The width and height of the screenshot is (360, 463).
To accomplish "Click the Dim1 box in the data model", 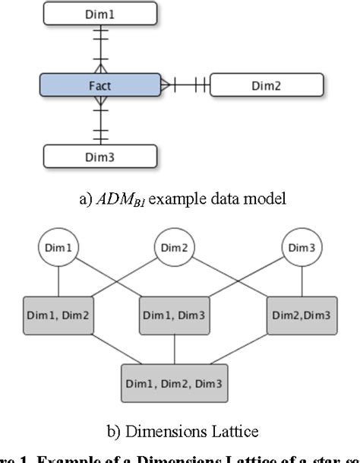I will [99, 13].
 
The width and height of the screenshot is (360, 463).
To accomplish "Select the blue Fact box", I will [99, 85].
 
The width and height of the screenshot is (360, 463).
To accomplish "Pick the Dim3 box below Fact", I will [99, 157].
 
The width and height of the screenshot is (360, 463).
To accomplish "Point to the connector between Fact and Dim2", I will [185, 85].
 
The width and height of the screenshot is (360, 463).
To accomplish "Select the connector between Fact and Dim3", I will [100, 121].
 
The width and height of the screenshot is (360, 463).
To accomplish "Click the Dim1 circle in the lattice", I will [58, 248].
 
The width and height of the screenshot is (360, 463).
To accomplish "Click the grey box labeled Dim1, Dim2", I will [58, 316].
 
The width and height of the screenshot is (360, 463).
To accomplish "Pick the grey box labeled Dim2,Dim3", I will [302, 316].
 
